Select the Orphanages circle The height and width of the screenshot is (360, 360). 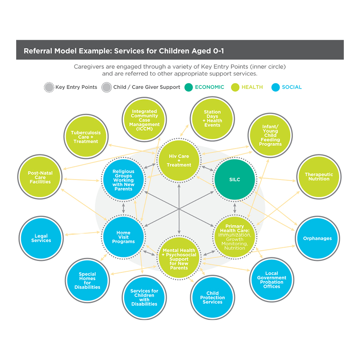(317, 238)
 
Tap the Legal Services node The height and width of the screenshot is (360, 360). (41, 238)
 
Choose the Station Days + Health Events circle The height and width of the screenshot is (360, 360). (212, 118)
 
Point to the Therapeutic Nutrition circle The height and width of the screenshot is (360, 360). (319, 176)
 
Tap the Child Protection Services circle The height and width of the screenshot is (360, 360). (212, 297)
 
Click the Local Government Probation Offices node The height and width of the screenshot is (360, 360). (271, 279)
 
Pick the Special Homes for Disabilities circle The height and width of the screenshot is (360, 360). (87, 280)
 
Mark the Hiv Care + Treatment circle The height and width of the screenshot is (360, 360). (179, 160)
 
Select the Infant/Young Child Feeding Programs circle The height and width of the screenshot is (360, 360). (270, 135)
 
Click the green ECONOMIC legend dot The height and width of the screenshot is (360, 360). (188, 87)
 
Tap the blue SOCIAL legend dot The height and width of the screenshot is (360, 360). (275, 87)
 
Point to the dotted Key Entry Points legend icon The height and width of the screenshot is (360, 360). (49, 87)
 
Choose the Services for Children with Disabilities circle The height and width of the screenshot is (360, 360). (144, 297)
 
